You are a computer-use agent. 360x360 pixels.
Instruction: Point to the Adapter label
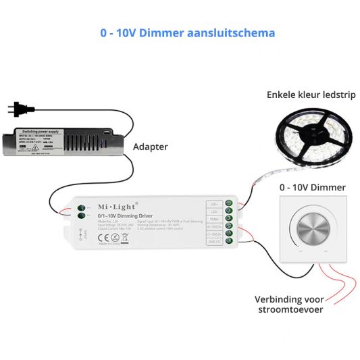150,146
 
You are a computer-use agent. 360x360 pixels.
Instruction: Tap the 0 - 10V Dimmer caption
312,187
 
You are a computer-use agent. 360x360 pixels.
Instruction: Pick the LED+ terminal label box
214,203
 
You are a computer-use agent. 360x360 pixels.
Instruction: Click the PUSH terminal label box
214,219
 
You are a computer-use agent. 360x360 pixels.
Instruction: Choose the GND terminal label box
214,242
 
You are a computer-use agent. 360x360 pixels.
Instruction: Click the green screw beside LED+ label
230,203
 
